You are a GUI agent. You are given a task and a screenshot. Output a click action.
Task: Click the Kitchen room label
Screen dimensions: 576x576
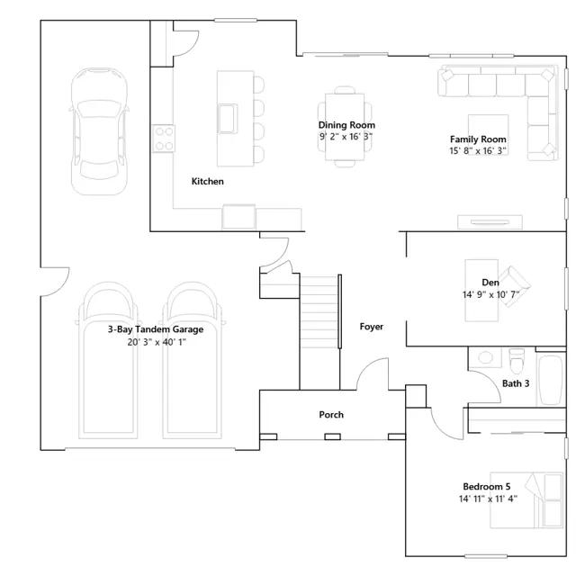(208, 182)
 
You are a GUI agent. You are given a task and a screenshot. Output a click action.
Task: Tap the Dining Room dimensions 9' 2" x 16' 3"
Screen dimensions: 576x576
(346, 137)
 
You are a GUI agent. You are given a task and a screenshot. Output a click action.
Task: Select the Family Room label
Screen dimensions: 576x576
(478, 139)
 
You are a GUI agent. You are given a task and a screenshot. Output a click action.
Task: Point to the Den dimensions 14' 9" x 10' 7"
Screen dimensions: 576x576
(490, 294)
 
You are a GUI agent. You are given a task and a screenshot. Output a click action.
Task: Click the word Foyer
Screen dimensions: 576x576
(372, 327)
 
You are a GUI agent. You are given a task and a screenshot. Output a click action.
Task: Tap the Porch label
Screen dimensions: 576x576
(331, 415)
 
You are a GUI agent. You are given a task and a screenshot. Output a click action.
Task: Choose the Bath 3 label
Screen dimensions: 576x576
(516, 383)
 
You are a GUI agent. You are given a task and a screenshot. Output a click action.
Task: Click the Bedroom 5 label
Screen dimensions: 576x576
(487, 487)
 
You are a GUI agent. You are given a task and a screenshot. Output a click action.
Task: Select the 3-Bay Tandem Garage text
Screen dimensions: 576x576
(156, 329)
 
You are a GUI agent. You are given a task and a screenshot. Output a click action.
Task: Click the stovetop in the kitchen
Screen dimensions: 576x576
(164, 139)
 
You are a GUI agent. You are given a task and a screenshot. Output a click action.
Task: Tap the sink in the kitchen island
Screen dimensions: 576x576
(228, 118)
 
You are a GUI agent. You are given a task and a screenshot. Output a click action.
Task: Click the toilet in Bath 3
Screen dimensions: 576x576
(517, 360)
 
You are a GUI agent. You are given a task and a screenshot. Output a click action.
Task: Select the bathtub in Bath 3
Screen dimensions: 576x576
(550, 380)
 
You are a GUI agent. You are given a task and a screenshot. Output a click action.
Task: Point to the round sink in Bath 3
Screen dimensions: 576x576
(486, 357)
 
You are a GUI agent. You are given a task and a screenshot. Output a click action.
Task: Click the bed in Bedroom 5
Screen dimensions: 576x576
(526, 500)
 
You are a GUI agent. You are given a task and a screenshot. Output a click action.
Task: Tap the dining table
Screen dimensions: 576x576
(345, 127)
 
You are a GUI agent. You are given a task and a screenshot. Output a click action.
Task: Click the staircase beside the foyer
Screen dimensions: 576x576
(319, 311)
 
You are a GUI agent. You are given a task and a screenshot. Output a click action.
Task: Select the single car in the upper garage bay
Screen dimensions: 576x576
(99, 131)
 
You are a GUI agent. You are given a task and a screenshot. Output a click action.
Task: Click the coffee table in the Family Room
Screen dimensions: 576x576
(488, 134)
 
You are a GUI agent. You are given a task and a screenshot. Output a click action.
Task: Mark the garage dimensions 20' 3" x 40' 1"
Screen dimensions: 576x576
(157, 342)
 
